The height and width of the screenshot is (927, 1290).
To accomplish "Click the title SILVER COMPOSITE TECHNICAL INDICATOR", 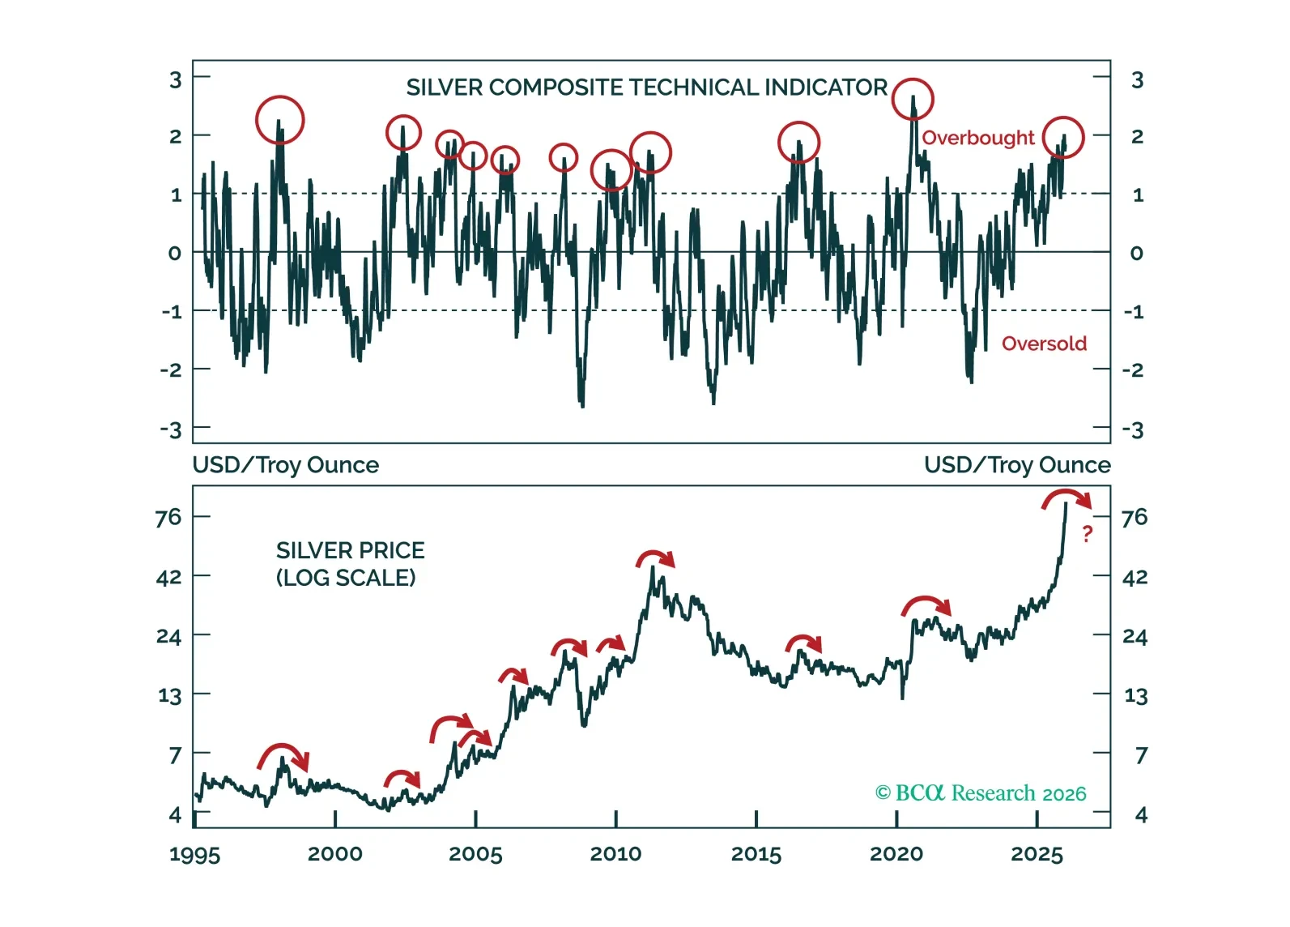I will pos(646,88).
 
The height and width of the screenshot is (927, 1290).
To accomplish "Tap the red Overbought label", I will pos(977,138).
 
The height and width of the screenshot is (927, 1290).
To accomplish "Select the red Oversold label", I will pos(1044,344).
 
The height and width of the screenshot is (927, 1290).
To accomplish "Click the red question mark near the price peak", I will pos(1087,533).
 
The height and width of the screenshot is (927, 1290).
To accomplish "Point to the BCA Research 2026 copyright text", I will pos(981,793).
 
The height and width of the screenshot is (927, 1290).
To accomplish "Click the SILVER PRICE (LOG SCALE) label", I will pos(350,564).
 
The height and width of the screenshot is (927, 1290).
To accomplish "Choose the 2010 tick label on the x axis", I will pos(615,854).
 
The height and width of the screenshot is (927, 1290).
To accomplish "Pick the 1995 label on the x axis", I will pos(194,855).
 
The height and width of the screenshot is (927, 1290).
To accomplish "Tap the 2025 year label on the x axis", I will pos(1037,854).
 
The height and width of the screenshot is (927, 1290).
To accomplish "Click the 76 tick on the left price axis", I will pos(168,517).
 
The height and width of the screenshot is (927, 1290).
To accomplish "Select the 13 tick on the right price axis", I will pos(1135,695).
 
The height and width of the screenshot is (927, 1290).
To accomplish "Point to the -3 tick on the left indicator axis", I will pos(171,429).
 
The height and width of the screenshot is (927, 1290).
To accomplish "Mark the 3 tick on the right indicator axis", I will pos(1137,80).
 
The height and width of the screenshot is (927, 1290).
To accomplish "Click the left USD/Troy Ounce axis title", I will pos(285,465).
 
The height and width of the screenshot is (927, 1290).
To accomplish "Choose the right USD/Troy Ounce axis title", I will pos(1017,465).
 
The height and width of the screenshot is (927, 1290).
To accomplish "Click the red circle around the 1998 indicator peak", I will pos(279,120).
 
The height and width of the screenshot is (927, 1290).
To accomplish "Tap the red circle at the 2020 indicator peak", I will pos(913,99).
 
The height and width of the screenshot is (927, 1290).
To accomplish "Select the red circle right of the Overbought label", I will pos(1062,137).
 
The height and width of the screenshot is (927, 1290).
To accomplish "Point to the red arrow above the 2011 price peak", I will pos(654,557).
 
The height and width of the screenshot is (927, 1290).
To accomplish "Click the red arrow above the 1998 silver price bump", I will pos(283,755).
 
